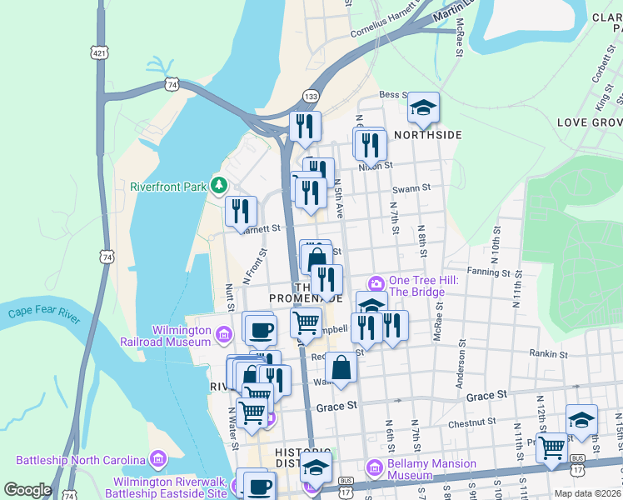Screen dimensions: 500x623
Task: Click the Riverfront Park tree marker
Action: point(220,184)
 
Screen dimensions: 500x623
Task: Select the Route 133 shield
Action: point(310,96)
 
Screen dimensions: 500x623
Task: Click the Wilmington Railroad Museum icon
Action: point(223,335)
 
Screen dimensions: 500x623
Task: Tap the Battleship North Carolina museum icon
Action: point(158,458)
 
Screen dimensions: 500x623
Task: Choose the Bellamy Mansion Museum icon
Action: point(373,469)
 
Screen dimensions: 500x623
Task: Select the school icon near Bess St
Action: point(423,108)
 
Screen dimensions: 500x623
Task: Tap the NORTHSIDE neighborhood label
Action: point(427,134)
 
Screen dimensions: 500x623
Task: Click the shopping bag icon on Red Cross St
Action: point(341,367)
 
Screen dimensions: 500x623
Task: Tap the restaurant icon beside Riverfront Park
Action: point(241,211)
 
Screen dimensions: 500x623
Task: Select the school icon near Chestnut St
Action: point(581,419)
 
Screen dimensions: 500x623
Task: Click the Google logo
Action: point(27,490)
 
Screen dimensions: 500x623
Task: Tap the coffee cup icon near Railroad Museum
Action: point(261,328)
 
